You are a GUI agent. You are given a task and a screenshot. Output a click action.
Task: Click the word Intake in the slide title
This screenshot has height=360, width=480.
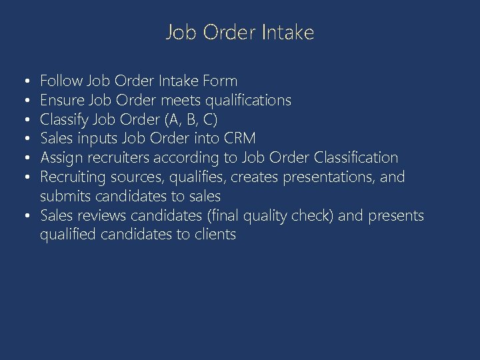[x=288, y=33]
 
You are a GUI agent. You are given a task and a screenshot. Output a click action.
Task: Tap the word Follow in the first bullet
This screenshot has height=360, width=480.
[x=61, y=81]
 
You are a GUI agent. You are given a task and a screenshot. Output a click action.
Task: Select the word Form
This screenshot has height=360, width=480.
[x=221, y=81]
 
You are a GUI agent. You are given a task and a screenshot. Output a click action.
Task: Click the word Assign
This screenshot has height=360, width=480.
[x=61, y=158]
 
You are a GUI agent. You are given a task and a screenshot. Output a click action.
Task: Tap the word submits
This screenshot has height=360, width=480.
[x=66, y=197]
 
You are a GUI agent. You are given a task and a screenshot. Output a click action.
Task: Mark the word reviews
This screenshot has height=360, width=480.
[x=103, y=215]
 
